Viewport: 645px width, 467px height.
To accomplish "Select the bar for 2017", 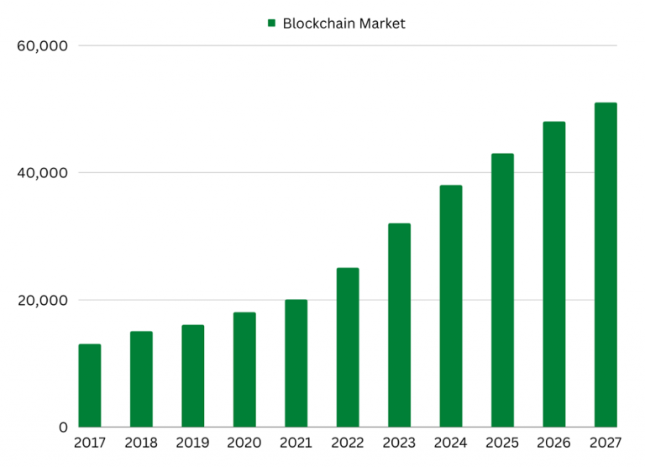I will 89,386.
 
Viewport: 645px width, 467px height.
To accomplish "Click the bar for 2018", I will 141,379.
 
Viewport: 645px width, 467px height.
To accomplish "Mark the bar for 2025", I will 502,290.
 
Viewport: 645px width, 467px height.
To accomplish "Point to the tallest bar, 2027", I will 606,265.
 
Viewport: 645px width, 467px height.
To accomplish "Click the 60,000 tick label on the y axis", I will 41,45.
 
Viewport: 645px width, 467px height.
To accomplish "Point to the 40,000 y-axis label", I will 41,173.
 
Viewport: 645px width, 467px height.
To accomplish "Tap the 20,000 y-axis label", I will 41,301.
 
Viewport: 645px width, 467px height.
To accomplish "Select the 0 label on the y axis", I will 63,428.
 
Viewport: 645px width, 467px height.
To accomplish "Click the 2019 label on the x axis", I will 192,443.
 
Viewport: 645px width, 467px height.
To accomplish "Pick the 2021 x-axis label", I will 296,443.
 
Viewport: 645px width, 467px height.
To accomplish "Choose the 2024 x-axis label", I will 451,443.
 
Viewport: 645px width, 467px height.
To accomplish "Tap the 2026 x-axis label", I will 554,443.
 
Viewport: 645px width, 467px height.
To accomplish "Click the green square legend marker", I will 271,24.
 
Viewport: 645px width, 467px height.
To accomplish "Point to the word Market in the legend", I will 382,24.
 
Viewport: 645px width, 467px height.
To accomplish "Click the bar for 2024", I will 451,306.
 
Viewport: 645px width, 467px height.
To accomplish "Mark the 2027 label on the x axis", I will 606,443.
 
